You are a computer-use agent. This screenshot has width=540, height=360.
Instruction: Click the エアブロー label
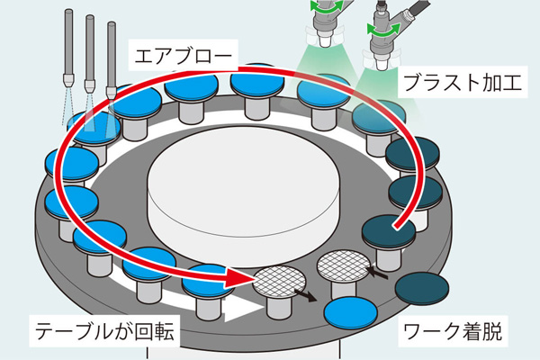point(184,56)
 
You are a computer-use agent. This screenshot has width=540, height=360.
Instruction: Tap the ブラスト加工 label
point(463,82)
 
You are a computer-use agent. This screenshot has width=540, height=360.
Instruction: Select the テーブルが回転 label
point(104,331)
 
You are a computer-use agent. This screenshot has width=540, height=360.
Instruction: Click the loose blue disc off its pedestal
point(351,312)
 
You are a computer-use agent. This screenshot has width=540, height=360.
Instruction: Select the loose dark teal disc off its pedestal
point(422,289)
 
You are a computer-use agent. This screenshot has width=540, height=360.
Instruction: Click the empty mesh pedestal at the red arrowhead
point(279,281)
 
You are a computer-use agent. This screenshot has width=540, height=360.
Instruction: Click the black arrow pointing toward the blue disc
point(306,295)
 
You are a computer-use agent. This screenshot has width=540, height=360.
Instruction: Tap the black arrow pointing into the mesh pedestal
point(377,272)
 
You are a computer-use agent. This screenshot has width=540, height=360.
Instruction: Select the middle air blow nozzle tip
point(90,86)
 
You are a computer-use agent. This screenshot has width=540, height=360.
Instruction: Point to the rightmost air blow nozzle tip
point(112,93)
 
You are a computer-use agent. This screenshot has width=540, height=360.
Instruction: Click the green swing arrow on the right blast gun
point(383,28)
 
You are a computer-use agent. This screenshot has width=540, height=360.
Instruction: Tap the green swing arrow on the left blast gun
point(327,6)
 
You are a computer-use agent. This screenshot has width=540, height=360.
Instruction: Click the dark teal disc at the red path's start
point(389,230)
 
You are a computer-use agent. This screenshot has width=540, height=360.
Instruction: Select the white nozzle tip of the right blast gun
point(381,65)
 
